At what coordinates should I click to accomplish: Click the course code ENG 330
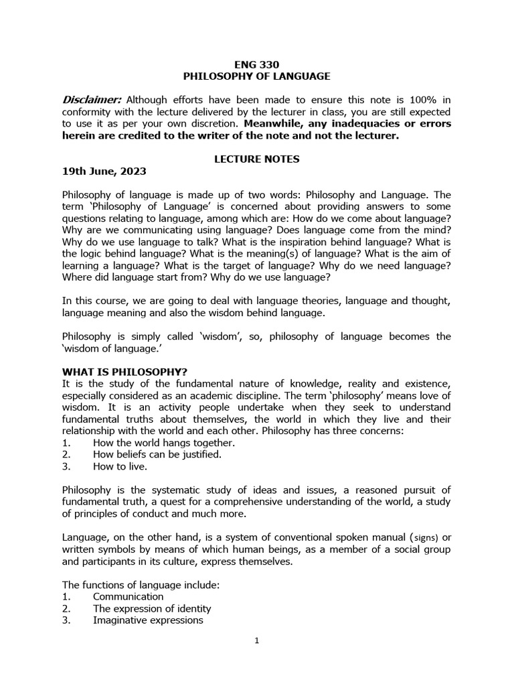pyautogui.click(x=256, y=65)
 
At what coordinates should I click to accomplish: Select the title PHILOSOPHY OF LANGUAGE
pyautogui.click(x=256, y=76)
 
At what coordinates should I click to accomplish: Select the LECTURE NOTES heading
pyautogui.click(x=256, y=159)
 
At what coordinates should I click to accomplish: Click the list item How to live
pyautogui.click(x=120, y=466)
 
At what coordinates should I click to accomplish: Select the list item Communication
pyautogui.click(x=128, y=596)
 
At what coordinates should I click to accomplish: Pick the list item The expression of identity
pyautogui.click(x=152, y=608)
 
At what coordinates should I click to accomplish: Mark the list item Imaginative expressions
pyautogui.click(x=148, y=620)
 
